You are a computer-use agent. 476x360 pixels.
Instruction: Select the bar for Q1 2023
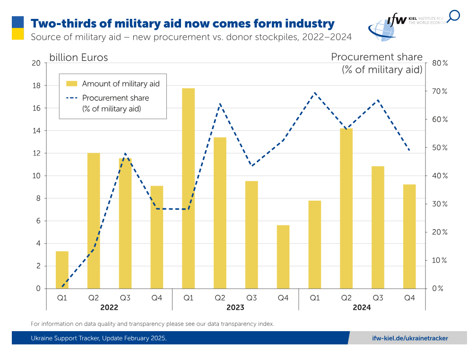(x=188, y=189)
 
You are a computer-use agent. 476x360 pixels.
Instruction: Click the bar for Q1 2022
(x=62, y=270)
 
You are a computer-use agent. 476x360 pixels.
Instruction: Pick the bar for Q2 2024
(x=346, y=208)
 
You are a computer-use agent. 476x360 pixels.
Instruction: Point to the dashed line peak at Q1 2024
(x=315, y=93)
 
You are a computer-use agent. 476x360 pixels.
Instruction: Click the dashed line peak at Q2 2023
(x=220, y=103)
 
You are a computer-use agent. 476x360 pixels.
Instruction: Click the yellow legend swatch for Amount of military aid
(x=72, y=84)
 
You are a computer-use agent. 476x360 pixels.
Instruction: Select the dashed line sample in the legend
(x=72, y=98)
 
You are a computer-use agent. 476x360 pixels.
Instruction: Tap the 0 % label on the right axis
(x=438, y=289)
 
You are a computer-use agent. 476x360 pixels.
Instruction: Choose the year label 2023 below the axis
(x=235, y=308)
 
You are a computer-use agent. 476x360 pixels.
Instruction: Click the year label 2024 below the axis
(x=362, y=308)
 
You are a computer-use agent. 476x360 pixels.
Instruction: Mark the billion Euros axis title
(x=78, y=58)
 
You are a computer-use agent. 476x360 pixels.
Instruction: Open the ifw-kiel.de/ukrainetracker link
(x=410, y=338)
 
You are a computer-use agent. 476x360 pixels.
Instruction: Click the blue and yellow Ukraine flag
(x=18, y=28)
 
